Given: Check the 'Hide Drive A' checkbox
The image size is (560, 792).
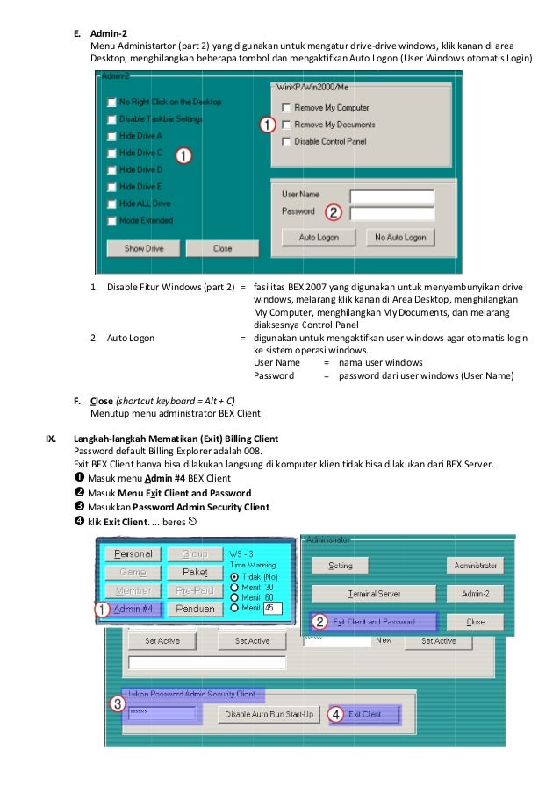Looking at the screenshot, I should click(x=111, y=136).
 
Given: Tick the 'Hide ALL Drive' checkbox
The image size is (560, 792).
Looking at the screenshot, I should click(x=111, y=203).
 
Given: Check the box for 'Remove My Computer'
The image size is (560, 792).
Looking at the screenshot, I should click(x=286, y=108).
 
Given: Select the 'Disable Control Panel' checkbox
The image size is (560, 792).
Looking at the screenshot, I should click(x=286, y=141).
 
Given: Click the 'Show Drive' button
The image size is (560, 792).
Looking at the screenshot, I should click(x=143, y=248).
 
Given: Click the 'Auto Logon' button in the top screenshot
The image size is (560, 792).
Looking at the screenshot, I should click(x=319, y=237).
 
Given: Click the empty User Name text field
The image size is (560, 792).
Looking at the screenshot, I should click(x=391, y=196).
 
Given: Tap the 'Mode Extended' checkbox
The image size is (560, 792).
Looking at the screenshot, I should click(x=111, y=220).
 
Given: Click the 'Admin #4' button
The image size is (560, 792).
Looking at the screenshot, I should click(x=133, y=609).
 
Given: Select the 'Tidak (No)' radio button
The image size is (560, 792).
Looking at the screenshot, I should click(x=233, y=576).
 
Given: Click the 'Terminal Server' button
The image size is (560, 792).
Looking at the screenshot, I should click(x=375, y=594).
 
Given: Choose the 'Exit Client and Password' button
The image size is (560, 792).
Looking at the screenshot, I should click(x=375, y=622).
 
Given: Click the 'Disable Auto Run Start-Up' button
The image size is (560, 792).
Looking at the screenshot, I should click(x=269, y=714).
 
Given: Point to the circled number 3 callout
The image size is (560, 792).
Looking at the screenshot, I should click(x=118, y=703).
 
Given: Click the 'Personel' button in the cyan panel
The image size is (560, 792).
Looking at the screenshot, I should click(x=133, y=553).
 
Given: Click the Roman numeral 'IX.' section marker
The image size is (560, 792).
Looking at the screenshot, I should click(x=52, y=437).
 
